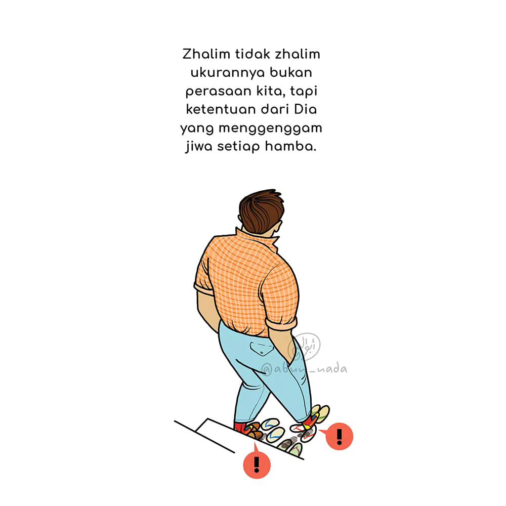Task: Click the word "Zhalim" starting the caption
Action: click(206, 54)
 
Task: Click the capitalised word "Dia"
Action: click(305, 109)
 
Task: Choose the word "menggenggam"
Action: click(270, 129)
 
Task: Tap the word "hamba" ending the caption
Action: click(290, 146)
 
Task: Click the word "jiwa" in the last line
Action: click(199, 147)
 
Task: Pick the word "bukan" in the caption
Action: click(291, 72)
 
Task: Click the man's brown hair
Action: click(261, 210)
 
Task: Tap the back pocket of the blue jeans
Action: click(262, 349)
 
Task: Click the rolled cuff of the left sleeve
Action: click(204, 289)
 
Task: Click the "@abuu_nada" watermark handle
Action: click(304, 369)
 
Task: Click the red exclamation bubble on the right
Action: click(339, 436)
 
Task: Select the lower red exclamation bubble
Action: click(257, 464)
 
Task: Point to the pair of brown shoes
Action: click(254, 431)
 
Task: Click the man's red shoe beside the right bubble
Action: click(311, 421)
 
